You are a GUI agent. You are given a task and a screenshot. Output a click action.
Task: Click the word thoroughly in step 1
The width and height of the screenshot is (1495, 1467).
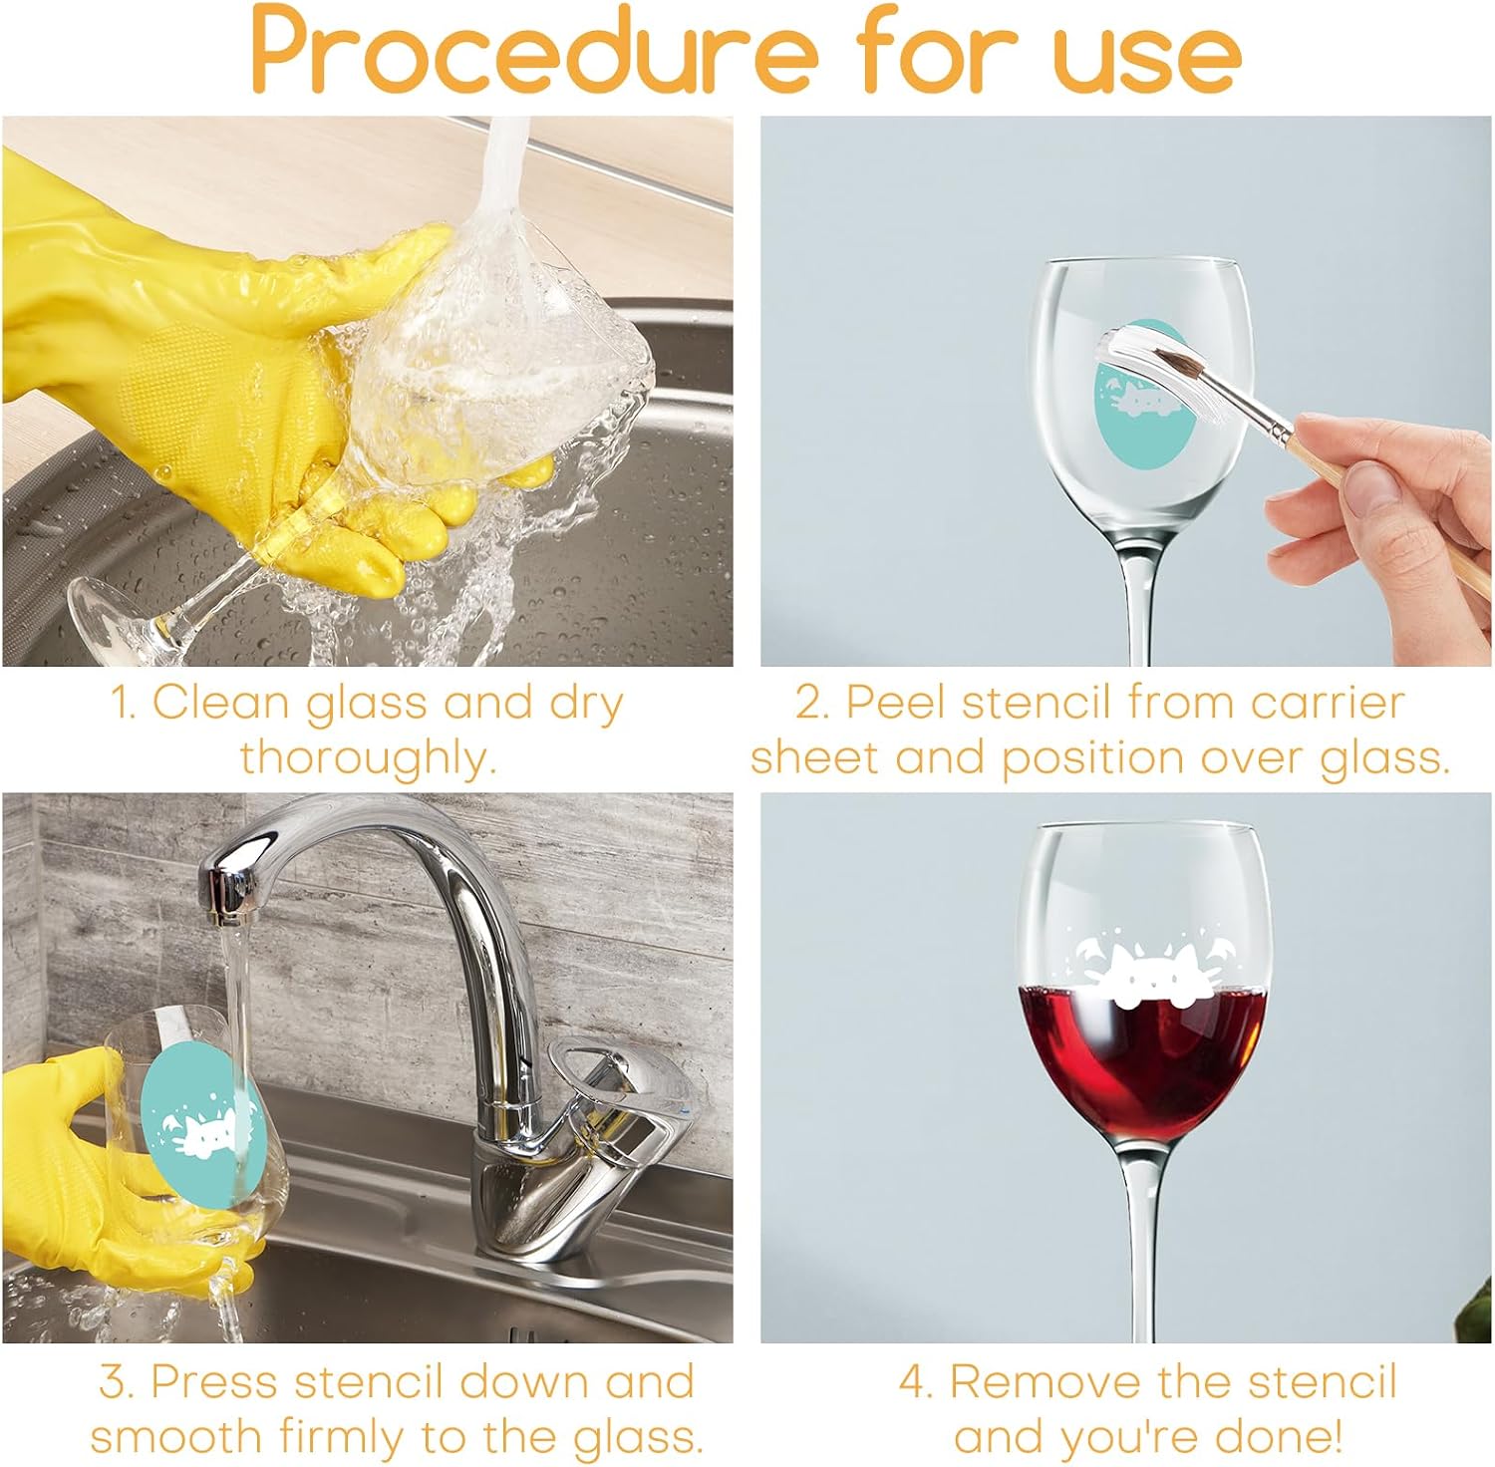click(368, 758)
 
